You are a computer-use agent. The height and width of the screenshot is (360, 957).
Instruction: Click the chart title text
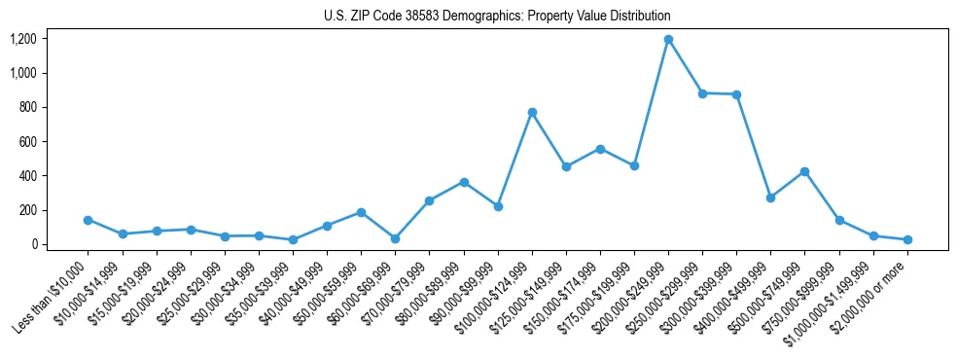[x=497, y=17]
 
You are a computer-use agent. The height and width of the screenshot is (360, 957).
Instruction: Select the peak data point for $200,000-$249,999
[x=668, y=40]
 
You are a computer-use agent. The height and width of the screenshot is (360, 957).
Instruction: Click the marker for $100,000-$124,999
[x=532, y=112]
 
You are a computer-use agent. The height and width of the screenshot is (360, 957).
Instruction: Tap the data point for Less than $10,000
[x=89, y=220]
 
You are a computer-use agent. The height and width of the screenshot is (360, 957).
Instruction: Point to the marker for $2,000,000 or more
[x=907, y=239]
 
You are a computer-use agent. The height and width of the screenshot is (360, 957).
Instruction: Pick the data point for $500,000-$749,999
[x=804, y=171]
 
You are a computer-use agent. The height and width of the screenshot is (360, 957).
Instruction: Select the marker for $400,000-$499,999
[x=770, y=198]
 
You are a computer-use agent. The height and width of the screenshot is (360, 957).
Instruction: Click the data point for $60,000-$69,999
[x=395, y=238]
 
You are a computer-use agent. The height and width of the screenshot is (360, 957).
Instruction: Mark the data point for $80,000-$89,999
[x=464, y=182]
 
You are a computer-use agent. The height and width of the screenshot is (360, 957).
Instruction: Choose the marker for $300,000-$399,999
[x=736, y=94]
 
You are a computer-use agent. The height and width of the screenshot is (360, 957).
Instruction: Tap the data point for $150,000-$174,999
[x=600, y=149]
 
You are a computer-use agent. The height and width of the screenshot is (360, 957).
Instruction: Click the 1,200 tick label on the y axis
[x=22, y=39]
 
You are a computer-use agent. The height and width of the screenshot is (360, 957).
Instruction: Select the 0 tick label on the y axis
[x=33, y=244]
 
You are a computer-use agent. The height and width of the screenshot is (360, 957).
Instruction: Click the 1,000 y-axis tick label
[x=22, y=73]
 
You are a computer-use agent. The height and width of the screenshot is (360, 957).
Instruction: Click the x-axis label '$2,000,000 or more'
[x=869, y=296]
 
